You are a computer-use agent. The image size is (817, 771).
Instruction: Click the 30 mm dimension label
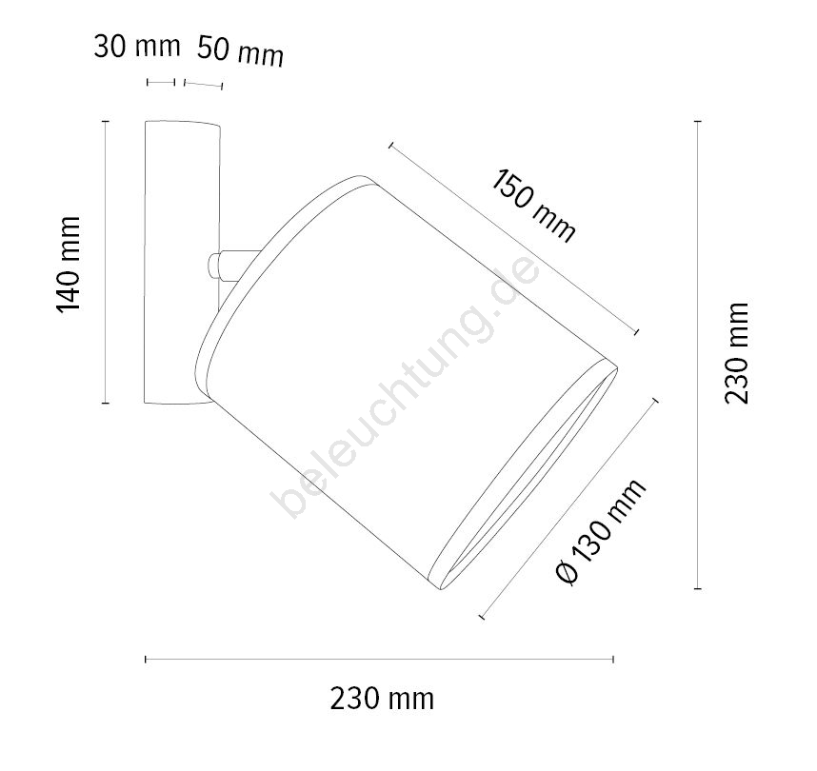pyautogui.click(x=137, y=47)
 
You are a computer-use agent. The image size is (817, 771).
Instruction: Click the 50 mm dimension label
pyautogui.click(x=241, y=51)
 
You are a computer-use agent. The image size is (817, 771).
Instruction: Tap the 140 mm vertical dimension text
pyautogui.click(x=69, y=264)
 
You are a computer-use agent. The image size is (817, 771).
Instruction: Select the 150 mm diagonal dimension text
pyautogui.click(x=533, y=206)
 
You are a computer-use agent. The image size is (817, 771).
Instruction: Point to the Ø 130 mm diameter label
pyautogui.click(x=601, y=531)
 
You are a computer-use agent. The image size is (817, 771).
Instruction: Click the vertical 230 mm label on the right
pyautogui.click(x=736, y=353)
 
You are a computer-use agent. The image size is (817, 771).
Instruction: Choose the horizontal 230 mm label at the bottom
pyautogui.click(x=382, y=699)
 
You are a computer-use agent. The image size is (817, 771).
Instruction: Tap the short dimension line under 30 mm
pyautogui.click(x=161, y=82)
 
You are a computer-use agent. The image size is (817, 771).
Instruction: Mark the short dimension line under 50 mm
pyautogui.click(x=203, y=85)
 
